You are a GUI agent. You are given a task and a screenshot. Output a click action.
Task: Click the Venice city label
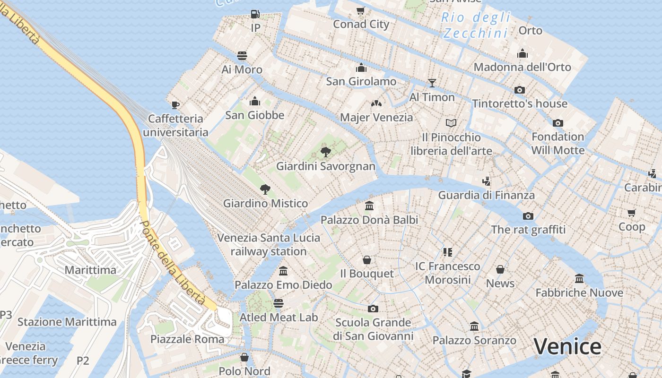[567, 346]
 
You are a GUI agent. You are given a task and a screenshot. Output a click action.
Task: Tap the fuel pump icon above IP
[255, 14]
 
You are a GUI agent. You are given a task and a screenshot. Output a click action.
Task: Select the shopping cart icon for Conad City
[361, 10]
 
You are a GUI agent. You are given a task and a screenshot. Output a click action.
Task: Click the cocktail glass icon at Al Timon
[432, 83]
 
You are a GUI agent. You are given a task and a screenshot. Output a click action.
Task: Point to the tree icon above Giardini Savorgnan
[325, 152]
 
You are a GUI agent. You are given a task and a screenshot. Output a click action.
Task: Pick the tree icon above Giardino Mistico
[265, 189]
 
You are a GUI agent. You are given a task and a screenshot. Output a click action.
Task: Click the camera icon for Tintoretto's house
[520, 90]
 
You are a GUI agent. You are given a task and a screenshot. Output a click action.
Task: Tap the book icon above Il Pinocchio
[451, 123]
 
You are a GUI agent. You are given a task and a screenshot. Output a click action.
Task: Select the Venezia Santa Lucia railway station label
[269, 244]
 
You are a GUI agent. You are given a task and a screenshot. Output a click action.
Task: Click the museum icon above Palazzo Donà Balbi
[369, 206]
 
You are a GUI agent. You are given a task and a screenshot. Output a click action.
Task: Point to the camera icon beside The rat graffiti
[528, 216]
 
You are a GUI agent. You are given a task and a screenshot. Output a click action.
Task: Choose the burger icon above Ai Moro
[242, 56]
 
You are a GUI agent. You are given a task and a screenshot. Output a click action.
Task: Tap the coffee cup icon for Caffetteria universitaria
[175, 105]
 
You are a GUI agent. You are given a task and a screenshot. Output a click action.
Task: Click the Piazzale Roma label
[187, 339]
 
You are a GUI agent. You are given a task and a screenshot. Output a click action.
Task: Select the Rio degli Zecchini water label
[477, 26]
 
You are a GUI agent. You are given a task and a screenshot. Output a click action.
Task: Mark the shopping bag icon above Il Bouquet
[367, 260]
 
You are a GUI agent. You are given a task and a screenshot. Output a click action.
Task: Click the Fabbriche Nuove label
[579, 292]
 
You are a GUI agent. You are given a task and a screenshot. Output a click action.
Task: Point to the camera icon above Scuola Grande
[373, 309]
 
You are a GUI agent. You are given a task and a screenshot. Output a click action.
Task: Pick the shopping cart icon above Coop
[632, 213]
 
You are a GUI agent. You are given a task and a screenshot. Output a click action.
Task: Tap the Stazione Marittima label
[67, 322]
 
